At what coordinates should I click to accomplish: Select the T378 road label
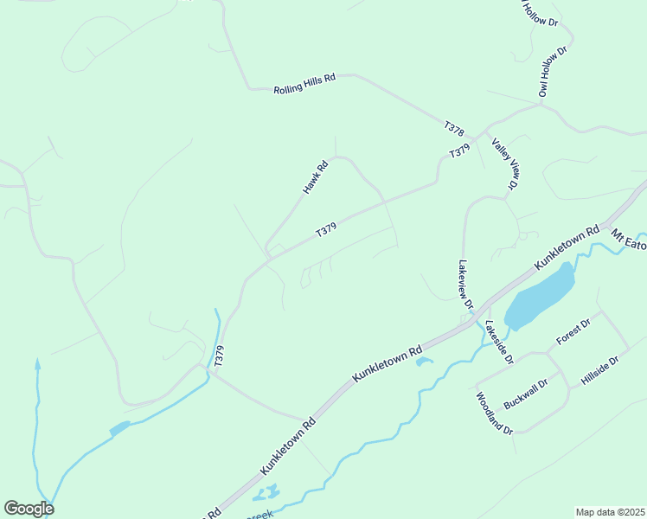[454, 128]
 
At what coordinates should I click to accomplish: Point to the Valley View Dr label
[504, 163]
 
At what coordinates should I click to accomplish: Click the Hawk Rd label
[316, 177]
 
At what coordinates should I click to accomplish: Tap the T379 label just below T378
[459, 151]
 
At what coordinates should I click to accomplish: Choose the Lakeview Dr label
[465, 285]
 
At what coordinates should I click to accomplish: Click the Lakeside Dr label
[499, 342]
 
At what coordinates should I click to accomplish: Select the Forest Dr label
[573, 332]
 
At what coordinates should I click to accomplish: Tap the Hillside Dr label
[601, 372]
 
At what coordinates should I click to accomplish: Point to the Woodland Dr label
[495, 413]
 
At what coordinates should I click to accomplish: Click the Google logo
[29, 509]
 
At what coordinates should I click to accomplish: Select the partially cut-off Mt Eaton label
[630, 236]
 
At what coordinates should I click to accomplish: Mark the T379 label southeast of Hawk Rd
[326, 230]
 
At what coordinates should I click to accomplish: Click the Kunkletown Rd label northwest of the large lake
[567, 247]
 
